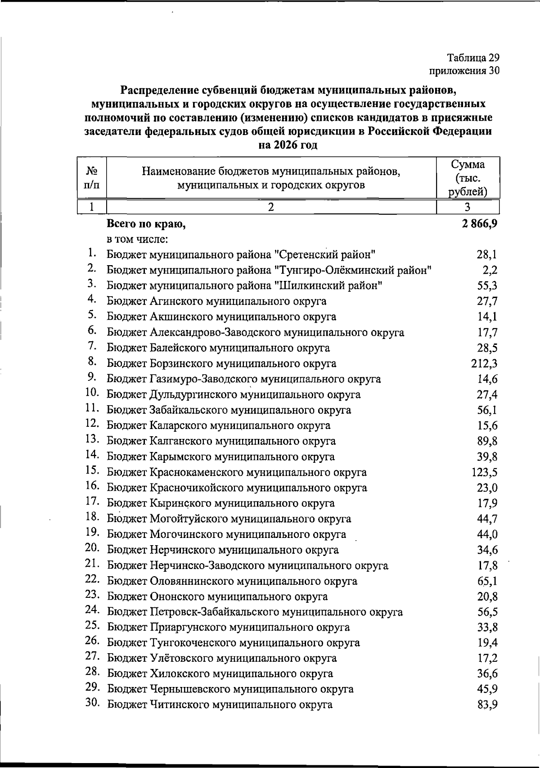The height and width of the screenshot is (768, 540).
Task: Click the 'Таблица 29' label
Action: (473, 58)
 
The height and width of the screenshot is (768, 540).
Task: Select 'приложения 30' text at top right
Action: (464, 71)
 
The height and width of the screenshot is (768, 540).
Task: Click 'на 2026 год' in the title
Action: (288, 145)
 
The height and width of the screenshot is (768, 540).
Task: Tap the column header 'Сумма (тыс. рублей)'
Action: (468, 178)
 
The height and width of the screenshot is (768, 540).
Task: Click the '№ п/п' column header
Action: (92, 178)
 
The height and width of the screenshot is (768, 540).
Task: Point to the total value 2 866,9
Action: (479, 223)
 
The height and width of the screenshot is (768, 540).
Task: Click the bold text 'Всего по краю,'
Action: (146, 224)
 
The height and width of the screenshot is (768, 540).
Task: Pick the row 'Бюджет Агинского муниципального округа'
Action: (216, 301)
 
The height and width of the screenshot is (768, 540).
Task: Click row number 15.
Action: (92, 471)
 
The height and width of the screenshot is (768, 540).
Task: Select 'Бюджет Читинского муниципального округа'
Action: (220, 705)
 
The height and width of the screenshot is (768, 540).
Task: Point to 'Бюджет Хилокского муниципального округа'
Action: (220, 674)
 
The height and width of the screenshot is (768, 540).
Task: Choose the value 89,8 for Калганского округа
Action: (487, 441)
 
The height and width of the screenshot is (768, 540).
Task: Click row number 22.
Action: (92, 579)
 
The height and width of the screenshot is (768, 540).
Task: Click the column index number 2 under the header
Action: (271, 207)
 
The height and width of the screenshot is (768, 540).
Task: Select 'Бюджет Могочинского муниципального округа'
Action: (226, 534)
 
